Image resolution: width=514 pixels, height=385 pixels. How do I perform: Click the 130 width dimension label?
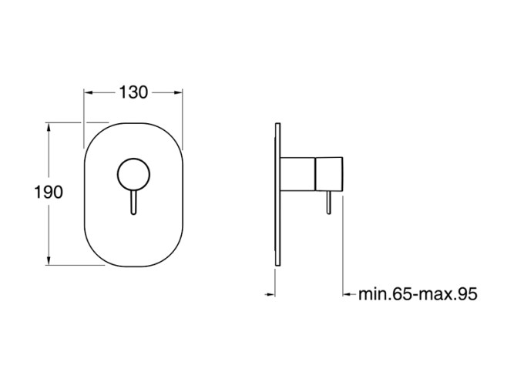click(x=133, y=92)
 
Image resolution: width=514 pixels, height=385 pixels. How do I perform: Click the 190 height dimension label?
click(x=49, y=192)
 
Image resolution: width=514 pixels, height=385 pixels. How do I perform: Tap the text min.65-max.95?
click(x=418, y=294)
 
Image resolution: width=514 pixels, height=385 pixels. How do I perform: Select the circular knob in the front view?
click(x=133, y=174)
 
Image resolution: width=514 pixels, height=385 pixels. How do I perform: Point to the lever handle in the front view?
click(x=133, y=203)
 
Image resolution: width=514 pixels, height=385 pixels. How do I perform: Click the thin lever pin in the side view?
click(x=329, y=203)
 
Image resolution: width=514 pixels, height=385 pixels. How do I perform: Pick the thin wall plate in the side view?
click(x=278, y=195)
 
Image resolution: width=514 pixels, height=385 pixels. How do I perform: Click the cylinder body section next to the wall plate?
click(x=298, y=174)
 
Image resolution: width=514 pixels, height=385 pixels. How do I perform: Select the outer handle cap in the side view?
click(x=329, y=174)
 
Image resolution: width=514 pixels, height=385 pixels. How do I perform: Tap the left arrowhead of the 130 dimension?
click(x=89, y=92)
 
